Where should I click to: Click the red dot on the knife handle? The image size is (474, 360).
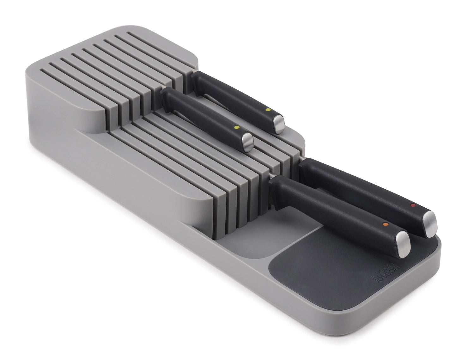(x=412, y=205)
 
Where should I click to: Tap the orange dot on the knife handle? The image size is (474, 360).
(x=385, y=224)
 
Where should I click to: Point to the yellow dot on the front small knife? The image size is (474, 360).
(x=236, y=127)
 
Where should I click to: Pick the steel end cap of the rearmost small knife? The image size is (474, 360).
(x=279, y=124)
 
